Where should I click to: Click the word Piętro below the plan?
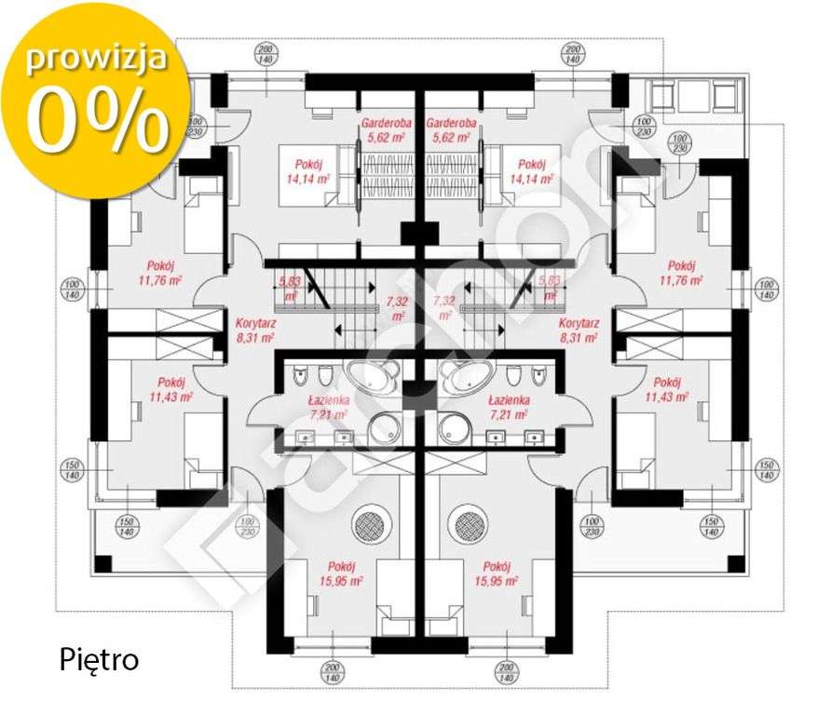pos(99,661)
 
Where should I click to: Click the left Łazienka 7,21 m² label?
pos(328,406)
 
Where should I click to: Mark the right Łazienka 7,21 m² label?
pos(510,406)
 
